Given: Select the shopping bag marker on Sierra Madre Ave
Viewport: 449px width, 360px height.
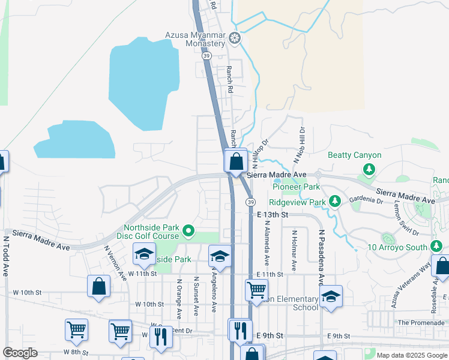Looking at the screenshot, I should pos(236,161).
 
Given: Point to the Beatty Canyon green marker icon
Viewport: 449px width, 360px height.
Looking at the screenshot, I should pos(369,169).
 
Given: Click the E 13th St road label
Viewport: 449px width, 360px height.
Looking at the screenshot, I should pos(273,214).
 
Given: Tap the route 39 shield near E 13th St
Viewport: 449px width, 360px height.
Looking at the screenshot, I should pos(249,202).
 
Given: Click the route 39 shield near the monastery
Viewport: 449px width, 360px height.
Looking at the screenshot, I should pos(206,56).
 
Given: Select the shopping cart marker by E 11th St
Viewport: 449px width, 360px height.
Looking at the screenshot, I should pos(256,290).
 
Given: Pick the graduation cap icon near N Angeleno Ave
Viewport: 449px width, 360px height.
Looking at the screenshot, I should pos(220,257).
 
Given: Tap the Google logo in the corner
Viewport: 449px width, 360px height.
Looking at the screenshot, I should pos(20,353).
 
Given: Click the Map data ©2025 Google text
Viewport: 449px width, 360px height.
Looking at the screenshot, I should pos(411,355).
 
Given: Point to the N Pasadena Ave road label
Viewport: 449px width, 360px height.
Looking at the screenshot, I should pos(321,257).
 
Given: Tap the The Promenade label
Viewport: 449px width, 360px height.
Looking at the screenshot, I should pos(421,322).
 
